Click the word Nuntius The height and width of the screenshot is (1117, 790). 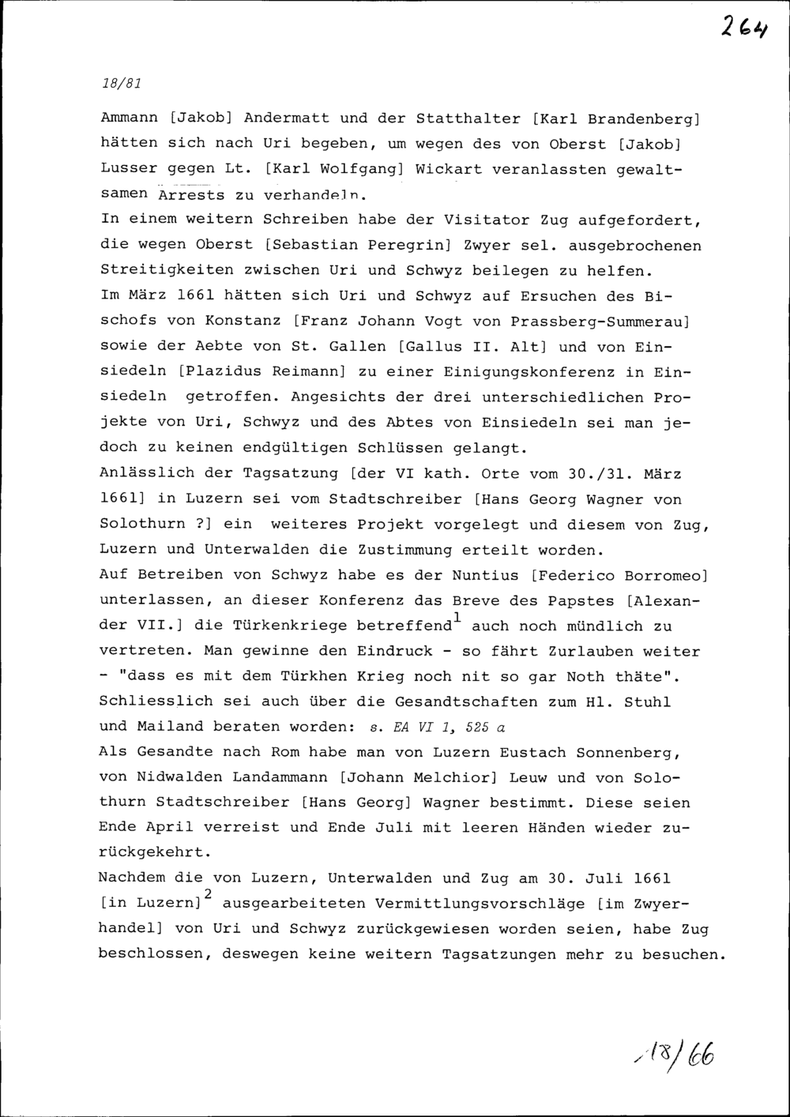tap(486, 574)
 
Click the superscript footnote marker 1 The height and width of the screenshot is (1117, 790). tap(457, 616)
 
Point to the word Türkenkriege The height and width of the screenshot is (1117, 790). tap(290, 626)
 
